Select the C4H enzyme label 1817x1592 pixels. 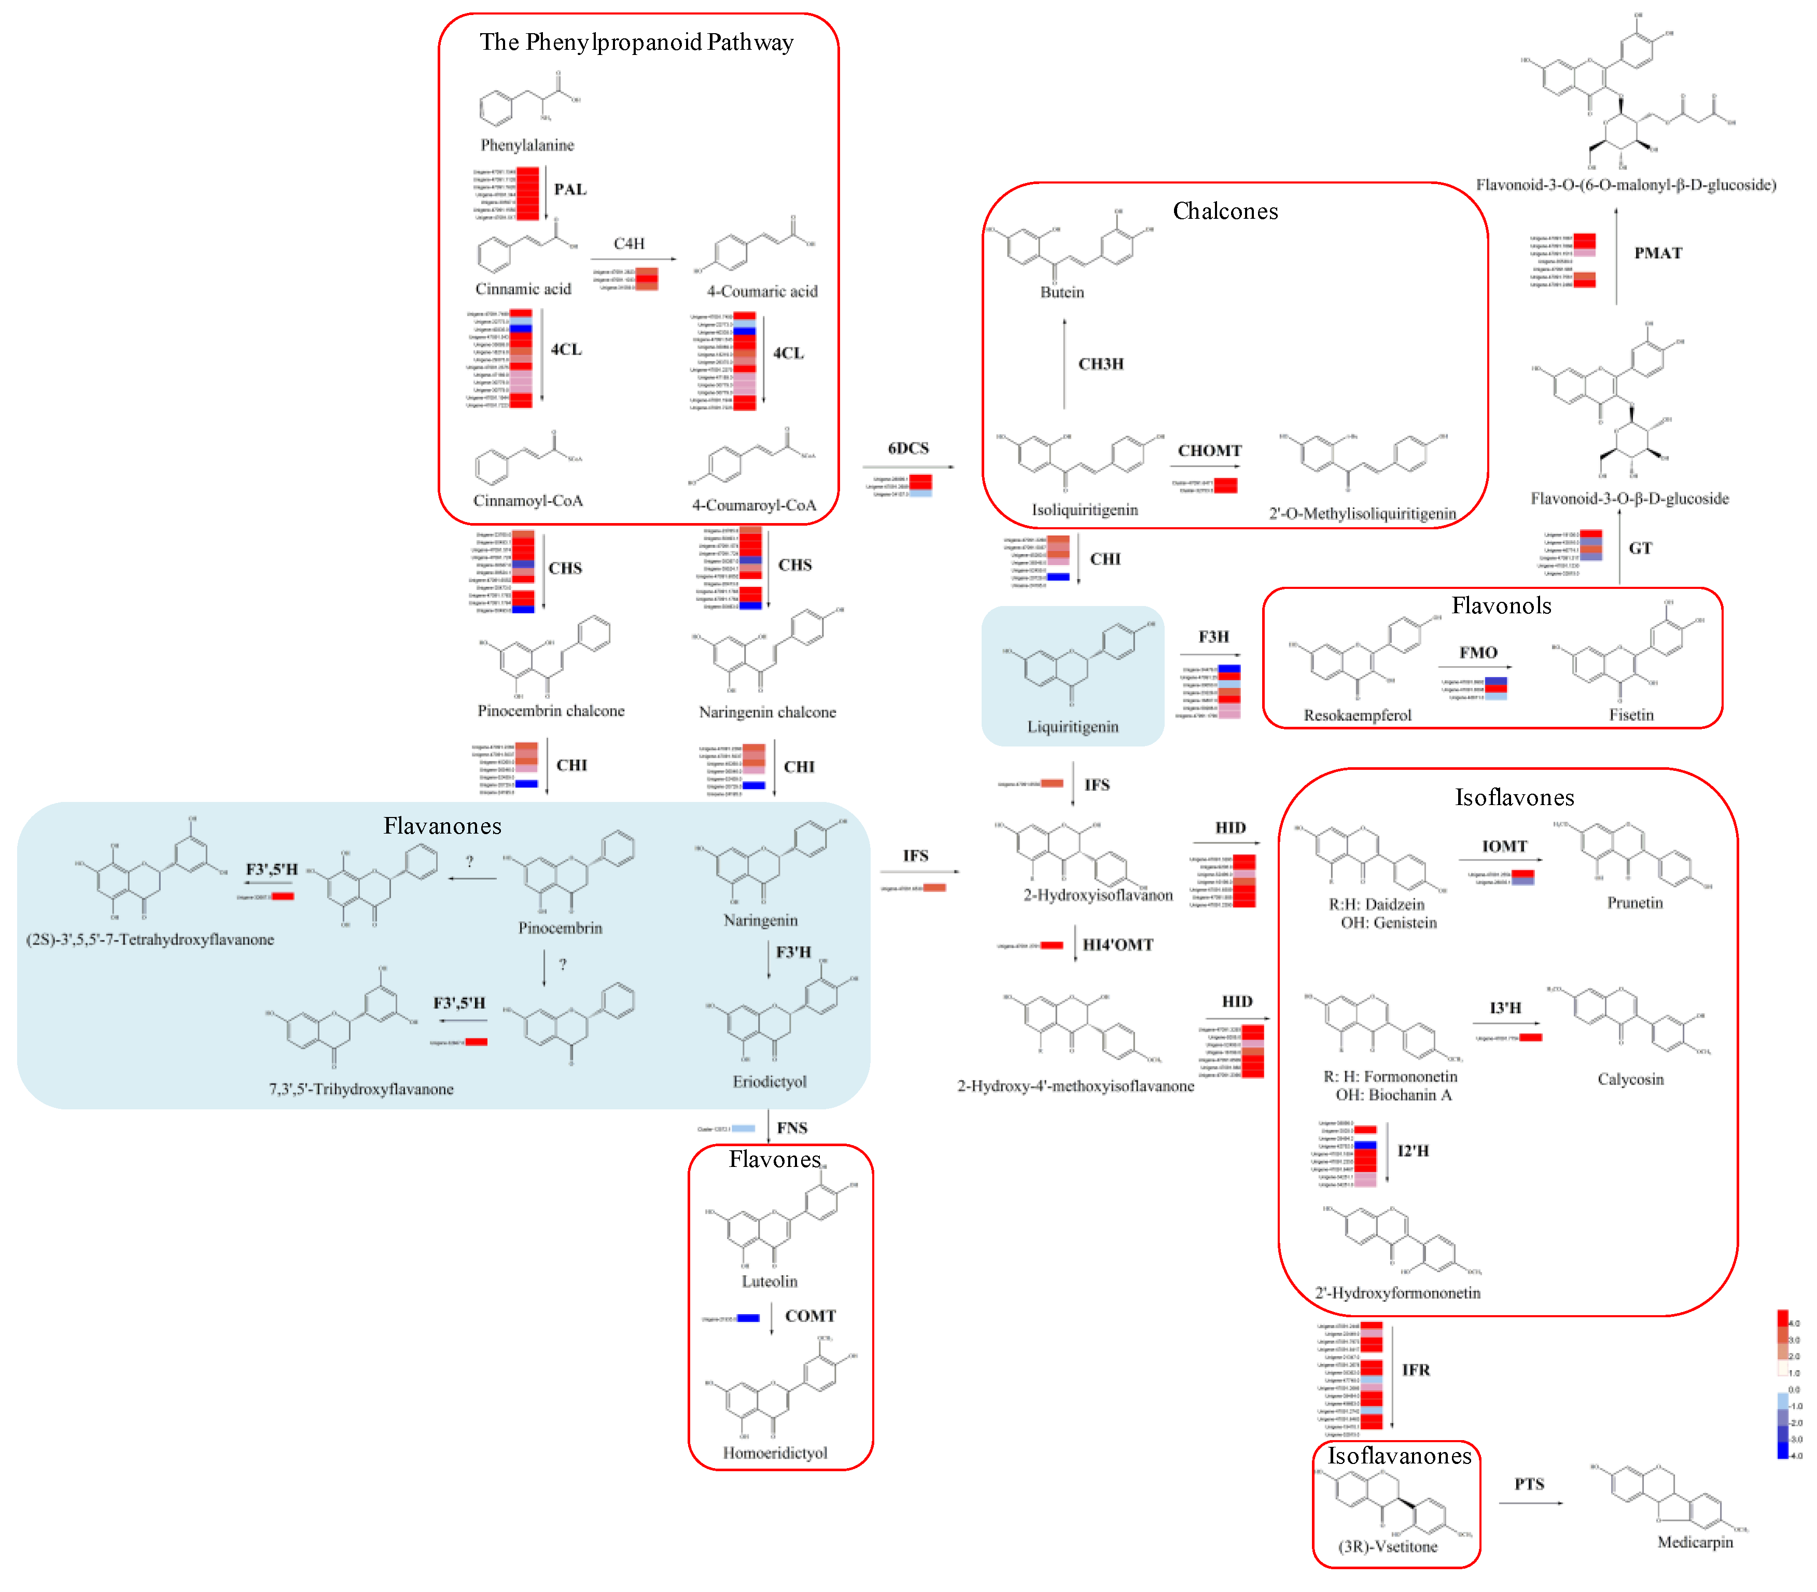(x=629, y=244)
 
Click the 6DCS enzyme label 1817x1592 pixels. (x=908, y=448)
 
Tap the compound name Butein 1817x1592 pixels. (x=1062, y=292)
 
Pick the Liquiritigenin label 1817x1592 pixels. (x=1072, y=727)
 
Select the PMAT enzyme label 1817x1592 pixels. (x=1658, y=253)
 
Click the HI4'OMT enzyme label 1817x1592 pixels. (x=1118, y=945)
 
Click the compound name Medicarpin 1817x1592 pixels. (x=1695, y=1542)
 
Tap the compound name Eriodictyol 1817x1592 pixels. (x=770, y=1082)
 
